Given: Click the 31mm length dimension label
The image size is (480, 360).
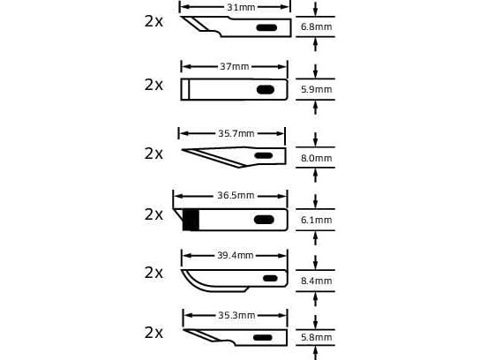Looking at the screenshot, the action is point(241,7).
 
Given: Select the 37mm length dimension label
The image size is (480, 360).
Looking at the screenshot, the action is point(235,66).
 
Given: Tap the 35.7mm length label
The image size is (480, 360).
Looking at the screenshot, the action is point(236,133).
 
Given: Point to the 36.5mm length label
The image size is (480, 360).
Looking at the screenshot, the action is point(236,195).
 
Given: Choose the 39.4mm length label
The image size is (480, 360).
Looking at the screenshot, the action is point(236,255).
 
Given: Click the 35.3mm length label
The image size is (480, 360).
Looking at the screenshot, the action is point(236,315).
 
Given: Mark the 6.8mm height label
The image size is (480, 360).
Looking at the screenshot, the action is point(316,27).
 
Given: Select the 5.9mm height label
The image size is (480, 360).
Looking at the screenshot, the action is point(316,89).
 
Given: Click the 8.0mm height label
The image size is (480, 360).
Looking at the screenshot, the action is point(316,158).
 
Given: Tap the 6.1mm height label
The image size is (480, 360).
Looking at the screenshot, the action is point(316,220).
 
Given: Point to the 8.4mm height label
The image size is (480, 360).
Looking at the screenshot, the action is point(316,281).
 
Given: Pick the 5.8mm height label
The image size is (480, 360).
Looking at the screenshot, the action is point(316,337).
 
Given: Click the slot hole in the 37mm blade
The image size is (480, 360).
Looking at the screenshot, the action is point(266,90).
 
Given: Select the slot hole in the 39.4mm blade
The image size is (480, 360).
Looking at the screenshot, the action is point(270,278).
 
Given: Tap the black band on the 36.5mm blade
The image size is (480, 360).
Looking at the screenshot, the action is point(191,220).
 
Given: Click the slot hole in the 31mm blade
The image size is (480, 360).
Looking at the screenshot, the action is point(266,28).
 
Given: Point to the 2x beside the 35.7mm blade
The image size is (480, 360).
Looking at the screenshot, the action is point(154,154).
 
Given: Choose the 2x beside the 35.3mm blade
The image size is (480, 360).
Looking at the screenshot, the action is point(154,333).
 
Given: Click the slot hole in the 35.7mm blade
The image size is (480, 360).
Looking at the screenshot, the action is point(264,155).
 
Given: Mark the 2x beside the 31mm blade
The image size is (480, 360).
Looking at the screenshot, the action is point(154,21).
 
